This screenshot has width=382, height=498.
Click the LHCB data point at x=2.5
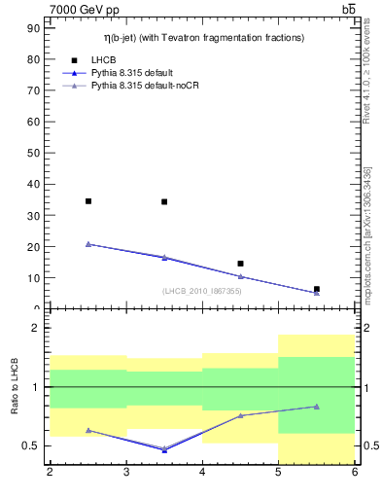tap(88, 201)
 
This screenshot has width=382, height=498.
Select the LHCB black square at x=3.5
tap(164, 202)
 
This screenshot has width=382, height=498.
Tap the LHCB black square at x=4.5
tap(240, 264)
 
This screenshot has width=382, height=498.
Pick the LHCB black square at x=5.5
tap(317, 289)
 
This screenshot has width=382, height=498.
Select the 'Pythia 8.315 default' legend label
tap(135, 73)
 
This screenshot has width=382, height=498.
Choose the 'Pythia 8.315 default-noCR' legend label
tap(148, 86)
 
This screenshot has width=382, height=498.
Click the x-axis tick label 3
tap(126, 473)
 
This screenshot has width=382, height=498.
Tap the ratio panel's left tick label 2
tap(35, 329)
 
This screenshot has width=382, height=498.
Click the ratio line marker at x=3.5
tap(164, 449)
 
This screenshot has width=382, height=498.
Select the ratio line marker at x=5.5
tap(317, 407)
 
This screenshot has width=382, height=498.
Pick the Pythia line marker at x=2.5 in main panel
tap(88, 244)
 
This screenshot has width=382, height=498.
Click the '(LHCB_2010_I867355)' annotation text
tap(202, 291)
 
